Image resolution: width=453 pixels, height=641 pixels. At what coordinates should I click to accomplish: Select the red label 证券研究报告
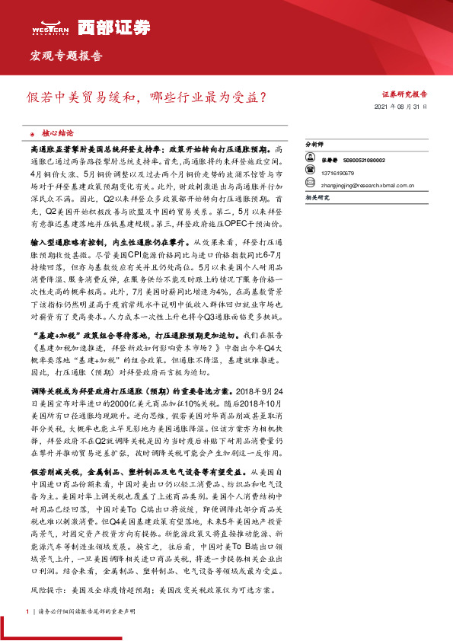404,94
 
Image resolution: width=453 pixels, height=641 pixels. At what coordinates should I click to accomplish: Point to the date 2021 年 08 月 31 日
402,108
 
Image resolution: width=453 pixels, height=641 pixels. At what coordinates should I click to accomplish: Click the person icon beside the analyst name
311,160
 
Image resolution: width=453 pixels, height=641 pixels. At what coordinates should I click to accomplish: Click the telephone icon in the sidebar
311,173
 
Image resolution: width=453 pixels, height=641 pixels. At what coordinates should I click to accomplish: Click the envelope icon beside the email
311,183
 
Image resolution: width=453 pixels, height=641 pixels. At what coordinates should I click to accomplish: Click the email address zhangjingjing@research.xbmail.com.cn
368,183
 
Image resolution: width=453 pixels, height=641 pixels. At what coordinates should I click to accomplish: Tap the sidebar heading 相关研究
316,197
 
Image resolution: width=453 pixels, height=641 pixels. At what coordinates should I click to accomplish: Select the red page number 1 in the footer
27,611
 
